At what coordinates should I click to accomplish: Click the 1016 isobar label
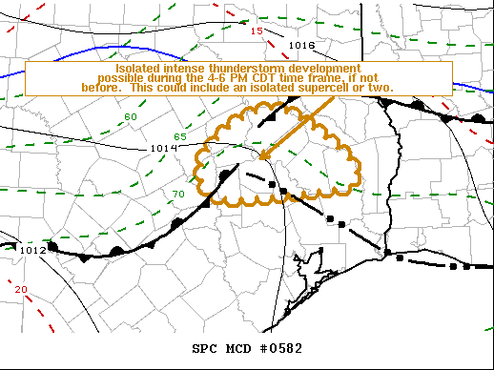pyautogui.click(x=301, y=45)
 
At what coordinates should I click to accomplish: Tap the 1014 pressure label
pyautogui.click(x=162, y=148)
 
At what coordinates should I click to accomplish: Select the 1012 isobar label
pyautogui.click(x=32, y=250)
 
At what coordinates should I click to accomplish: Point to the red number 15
pyautogui.click(x=256, y=31)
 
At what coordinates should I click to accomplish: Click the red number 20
pyautogui.click(x=21, y=290)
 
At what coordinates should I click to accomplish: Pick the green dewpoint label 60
pyautogui.click(x=131, y=116)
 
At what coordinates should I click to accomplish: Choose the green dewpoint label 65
pyautogui.click(x=180, y=137)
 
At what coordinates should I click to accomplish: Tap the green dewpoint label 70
pyautogui.click(x=177, y=195)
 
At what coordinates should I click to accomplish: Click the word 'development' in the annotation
pyautogui.click(x=321, y=69)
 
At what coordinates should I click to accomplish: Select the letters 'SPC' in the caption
pyautogui.click(x=204, y=347)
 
